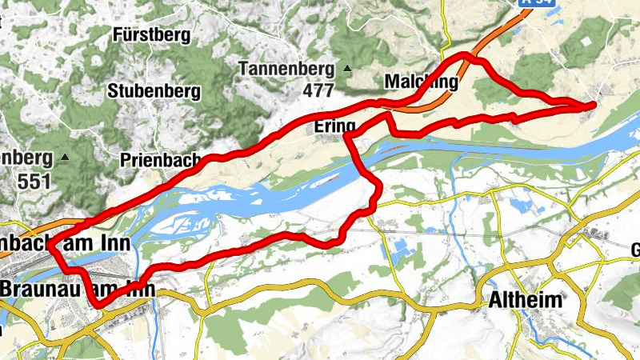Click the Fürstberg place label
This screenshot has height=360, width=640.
pyautogui.click(x=151, y=35)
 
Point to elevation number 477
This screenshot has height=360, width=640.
pyautogui.click(x=318, y=90)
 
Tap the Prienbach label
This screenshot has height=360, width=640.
pyautogui.click(x=160, y=160)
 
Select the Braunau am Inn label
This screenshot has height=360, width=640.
pyautogui.click(x=76, y=286)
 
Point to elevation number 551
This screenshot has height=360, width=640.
pyautogui.click(x=34, y=180)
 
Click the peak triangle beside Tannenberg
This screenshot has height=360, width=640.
pyautogui.click(x=347, y=68)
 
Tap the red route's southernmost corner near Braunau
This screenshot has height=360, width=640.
pyautogui.click(x=98, y=305)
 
